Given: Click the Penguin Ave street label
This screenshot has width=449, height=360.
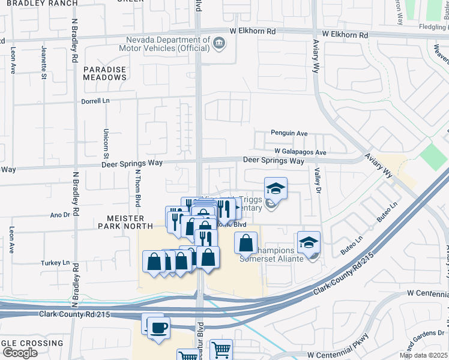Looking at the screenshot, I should coord(289,133).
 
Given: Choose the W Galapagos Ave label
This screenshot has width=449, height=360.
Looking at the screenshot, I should coord(300,152).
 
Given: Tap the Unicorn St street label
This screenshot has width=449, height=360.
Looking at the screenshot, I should coord(106,140).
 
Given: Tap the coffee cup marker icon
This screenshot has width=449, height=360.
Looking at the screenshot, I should coord(158,328).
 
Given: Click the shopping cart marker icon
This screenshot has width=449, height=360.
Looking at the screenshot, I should coord(221,350).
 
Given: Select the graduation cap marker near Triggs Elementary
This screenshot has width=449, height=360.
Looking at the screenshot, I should coord(276,188).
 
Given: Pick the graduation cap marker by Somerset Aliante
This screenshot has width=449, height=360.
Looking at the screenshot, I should coord(309,242).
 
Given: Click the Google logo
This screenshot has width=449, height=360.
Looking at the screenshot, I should coord(19,353).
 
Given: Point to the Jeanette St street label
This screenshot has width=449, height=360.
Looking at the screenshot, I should coord(44,62).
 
